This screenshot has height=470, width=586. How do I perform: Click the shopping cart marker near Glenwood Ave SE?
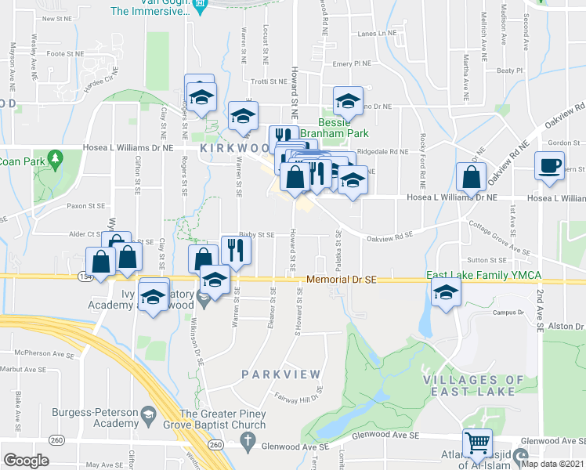[x=476, y=443]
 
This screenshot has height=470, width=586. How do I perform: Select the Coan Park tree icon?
[x=55, y=161]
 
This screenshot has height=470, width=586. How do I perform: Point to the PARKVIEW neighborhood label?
[x=271, y=374]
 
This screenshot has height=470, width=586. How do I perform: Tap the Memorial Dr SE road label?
[x=342, y=280]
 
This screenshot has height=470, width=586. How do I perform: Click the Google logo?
[x=26, y=460]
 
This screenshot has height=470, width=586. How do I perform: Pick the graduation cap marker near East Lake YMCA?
[x=446, y=293]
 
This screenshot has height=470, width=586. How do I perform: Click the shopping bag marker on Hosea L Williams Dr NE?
[x=470, y=177]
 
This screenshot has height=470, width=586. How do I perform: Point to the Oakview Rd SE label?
[x=388, y=232]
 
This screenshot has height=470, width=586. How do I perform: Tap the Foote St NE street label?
[x=65, y=53]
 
